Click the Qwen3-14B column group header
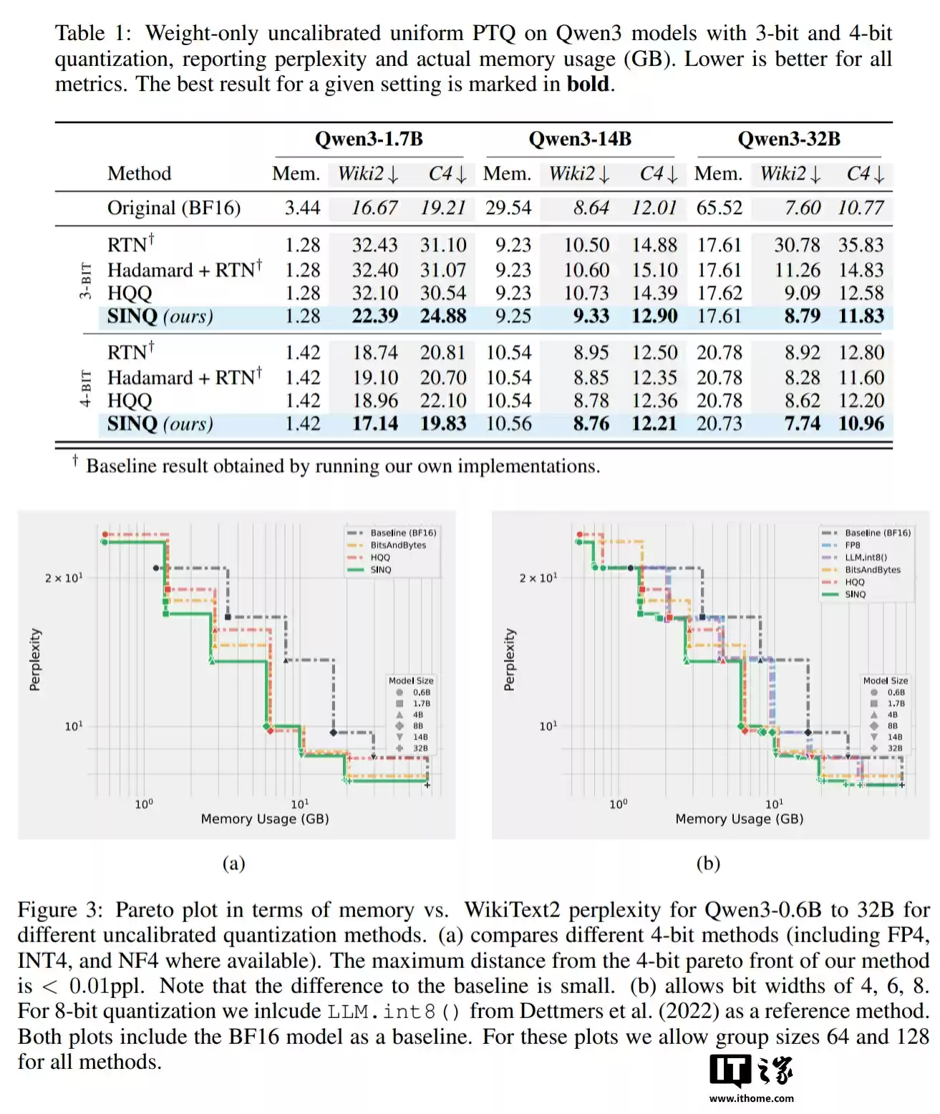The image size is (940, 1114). pos(580,139)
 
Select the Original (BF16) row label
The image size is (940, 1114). pos(173,208)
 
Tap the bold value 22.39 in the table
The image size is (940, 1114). pos(374,316)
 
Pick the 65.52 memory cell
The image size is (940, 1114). pos(719,208)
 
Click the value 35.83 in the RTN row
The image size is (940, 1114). pos(861,245)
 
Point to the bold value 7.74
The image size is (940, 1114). pos(802,423)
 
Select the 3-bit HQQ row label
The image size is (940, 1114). pos(130,293)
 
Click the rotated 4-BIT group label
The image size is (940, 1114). pos(86,389)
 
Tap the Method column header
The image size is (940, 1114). pos(140,174)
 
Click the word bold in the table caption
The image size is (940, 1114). pos(588,84)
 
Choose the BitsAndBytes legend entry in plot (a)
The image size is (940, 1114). pos(397,545)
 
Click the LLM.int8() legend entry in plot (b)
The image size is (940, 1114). pos(866,557)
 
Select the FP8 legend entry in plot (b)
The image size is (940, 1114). pos(853,545)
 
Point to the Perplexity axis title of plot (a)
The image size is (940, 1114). pos(35,659)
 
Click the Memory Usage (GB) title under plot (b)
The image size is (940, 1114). pos(739,818)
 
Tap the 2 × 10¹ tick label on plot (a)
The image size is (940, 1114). pos(64,578)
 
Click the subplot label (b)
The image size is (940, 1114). pos(708,863)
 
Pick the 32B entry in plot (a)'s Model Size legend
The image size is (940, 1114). pos(420,748)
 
